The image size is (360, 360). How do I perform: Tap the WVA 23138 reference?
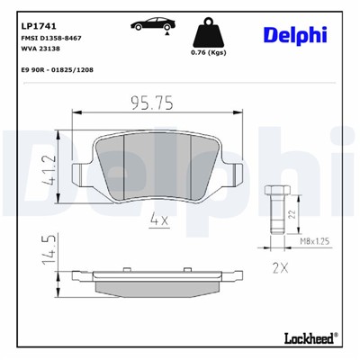point(40,51)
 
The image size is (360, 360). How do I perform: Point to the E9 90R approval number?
point(59,68)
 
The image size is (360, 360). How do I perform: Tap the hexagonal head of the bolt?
point(275,191)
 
